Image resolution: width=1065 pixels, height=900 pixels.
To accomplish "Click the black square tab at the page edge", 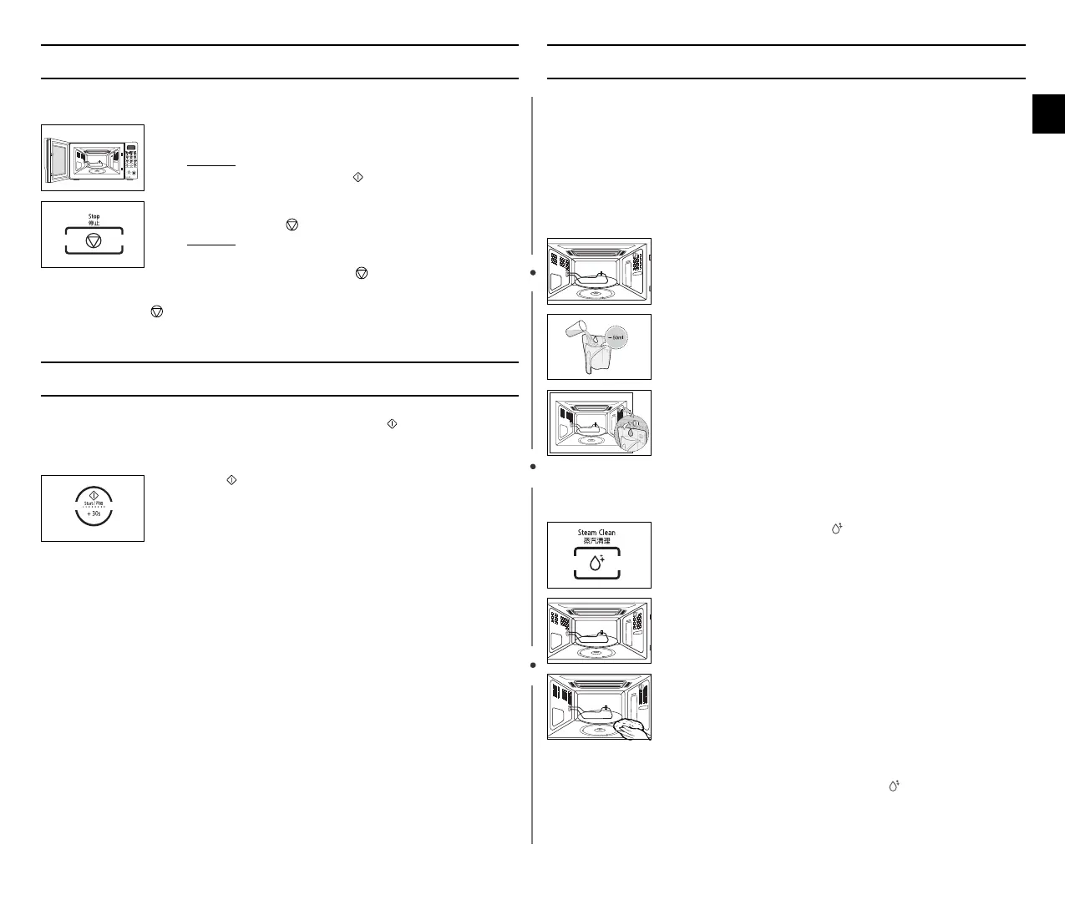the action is (1048, 114).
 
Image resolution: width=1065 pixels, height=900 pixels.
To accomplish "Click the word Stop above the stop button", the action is (94, 216).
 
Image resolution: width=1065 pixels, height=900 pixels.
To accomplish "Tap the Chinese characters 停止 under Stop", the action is (94, 223).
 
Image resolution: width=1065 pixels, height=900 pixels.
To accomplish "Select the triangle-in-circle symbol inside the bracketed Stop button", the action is (94, 240).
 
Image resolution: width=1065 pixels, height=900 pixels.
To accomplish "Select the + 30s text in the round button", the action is (94, 514).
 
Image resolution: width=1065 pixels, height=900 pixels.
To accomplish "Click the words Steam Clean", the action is (596, 533).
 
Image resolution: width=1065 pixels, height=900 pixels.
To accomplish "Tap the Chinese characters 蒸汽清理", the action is (596, 541).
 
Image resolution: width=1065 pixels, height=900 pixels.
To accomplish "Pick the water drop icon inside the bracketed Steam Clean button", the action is (596, 564).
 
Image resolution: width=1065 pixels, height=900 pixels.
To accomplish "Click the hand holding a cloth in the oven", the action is (633, 729).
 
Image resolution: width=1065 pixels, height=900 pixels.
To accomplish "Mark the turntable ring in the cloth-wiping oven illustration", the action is (595, 732).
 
